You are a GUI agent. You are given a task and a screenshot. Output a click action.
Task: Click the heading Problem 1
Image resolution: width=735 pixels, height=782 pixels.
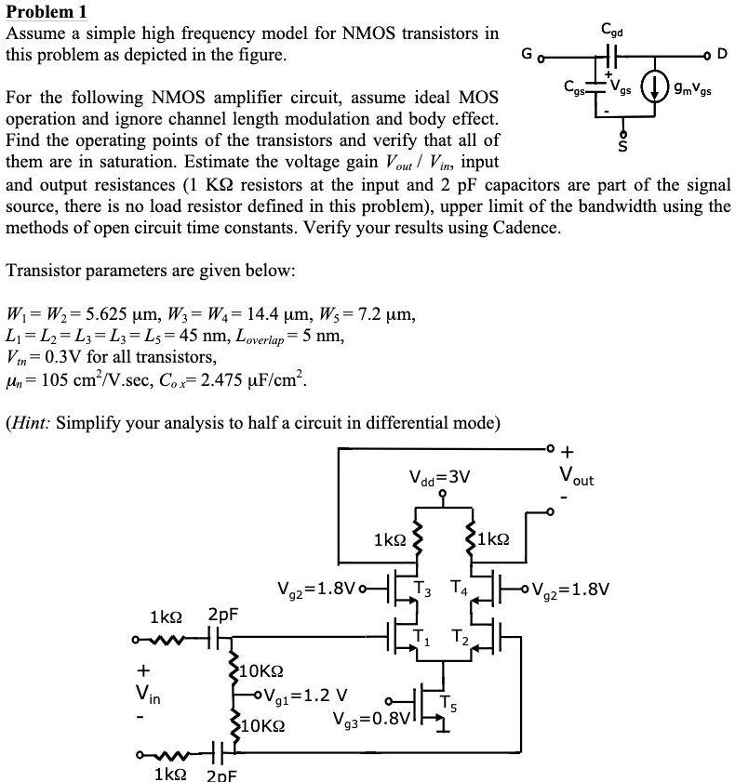47,11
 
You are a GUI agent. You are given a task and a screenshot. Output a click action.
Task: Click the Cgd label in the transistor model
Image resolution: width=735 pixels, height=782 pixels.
612,30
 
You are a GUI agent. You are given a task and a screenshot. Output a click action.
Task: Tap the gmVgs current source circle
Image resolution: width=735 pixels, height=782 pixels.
654,87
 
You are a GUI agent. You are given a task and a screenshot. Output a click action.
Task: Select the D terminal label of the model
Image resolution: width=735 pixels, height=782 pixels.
722,53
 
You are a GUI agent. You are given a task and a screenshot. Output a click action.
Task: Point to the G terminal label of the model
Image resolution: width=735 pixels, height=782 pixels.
527,53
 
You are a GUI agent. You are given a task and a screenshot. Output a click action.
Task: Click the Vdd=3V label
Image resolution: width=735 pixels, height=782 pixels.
439,478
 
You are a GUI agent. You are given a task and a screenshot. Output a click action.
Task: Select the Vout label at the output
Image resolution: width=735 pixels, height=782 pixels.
577,475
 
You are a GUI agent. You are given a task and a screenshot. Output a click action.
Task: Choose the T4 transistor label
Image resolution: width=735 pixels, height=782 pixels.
459,588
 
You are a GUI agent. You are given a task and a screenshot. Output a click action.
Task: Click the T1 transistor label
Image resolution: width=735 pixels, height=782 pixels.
421,637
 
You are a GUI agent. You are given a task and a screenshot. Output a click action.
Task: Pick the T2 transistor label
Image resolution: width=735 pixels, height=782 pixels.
460,637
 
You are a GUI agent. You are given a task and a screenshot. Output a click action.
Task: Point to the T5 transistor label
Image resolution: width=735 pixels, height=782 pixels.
448,704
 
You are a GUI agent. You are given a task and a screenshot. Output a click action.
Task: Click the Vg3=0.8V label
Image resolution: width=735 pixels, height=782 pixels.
371,719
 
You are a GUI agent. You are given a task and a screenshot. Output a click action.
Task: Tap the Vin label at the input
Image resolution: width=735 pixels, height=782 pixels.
148,694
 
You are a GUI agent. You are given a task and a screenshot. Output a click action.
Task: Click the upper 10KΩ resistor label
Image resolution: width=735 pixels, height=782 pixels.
261,670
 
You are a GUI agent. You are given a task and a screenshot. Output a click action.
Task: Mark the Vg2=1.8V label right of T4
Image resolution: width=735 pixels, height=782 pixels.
570,590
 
